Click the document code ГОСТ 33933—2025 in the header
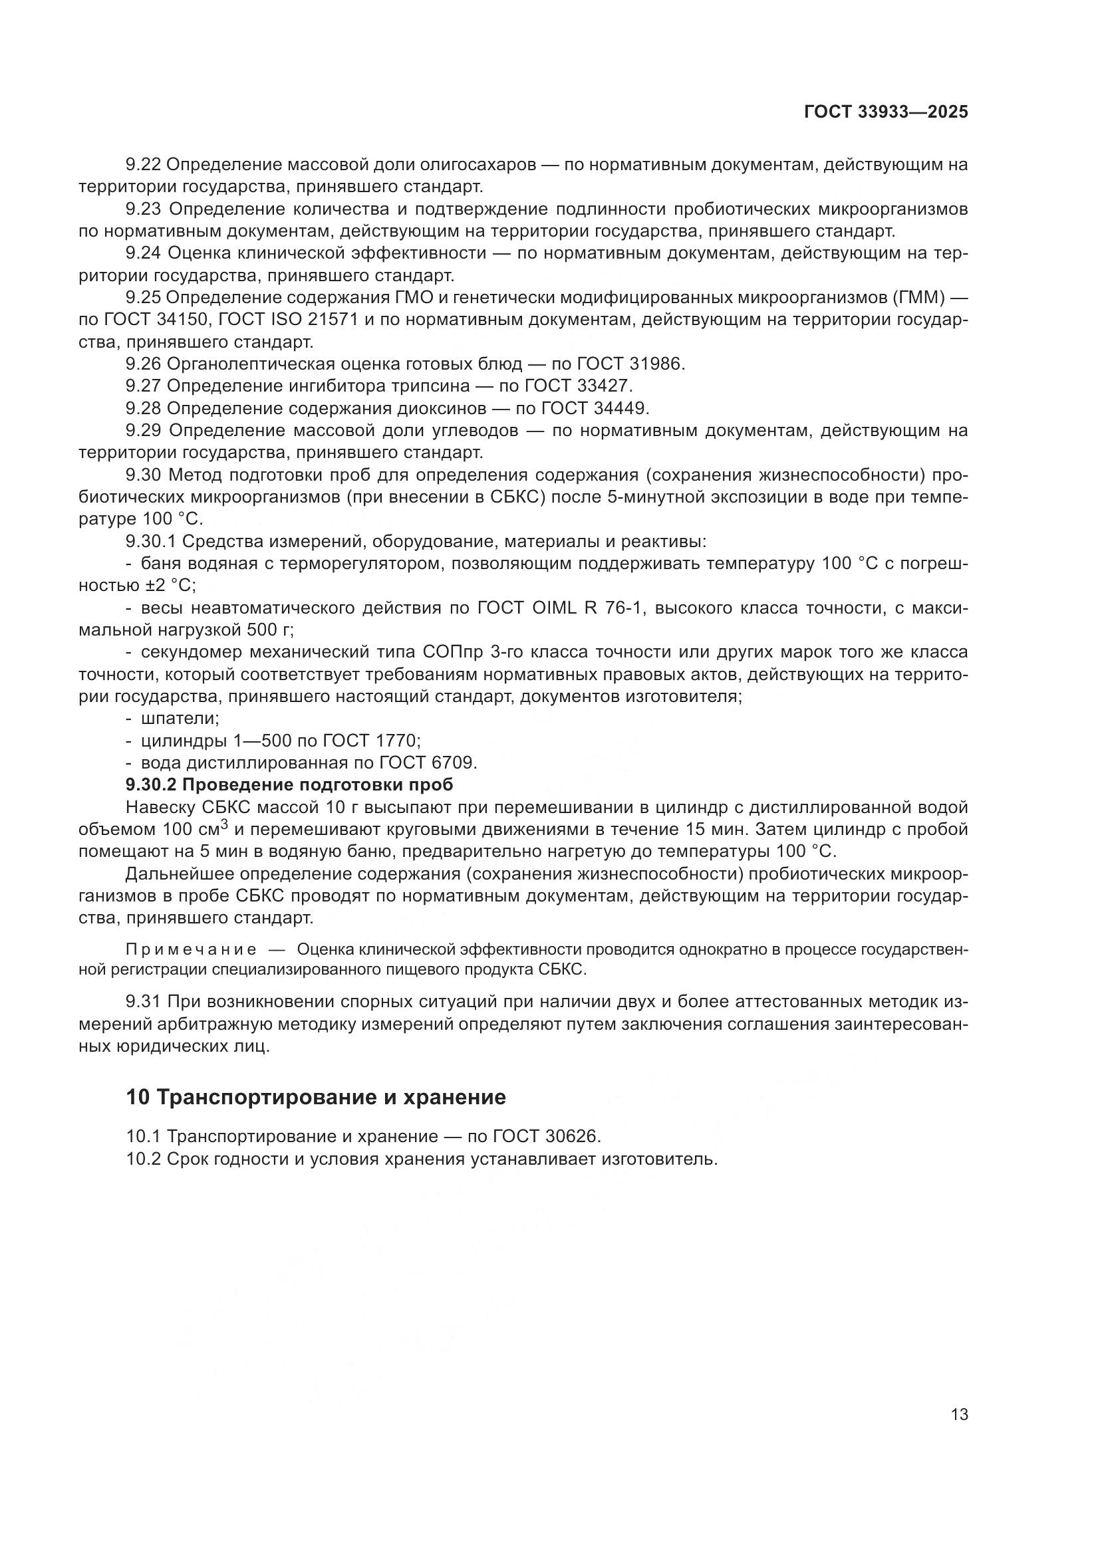(x=886, y=112)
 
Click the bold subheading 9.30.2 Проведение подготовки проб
(x=289, y=785)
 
